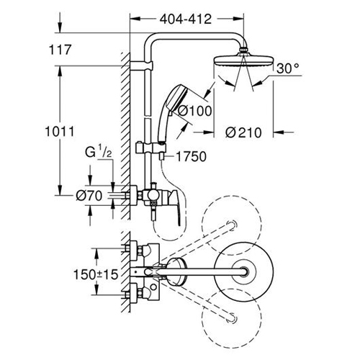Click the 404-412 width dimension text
186,19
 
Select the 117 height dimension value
60,50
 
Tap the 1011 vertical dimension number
60,132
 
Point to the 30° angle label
288,68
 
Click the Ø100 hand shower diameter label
196,111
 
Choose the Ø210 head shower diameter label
243,132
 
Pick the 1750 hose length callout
192,156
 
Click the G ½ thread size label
99,153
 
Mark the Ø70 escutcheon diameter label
89,196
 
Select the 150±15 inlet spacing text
96,274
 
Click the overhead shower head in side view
243,60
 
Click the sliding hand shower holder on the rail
150,148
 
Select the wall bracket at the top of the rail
142,66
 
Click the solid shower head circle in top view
243,272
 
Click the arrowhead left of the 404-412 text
135,19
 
